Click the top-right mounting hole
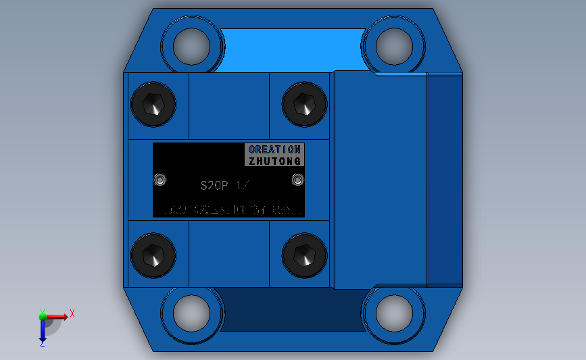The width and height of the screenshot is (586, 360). coord(395,46)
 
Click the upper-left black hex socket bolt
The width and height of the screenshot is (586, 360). coord(153,104)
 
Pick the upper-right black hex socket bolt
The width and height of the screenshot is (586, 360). coord(304,104)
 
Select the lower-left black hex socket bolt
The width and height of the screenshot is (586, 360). coord(153,255)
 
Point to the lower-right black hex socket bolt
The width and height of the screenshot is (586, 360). coord(304,255)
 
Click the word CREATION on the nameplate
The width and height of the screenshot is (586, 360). coord(274,149)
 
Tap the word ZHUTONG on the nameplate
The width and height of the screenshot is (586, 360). coord(274,161)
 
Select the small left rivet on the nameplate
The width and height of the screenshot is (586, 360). coord(160,180)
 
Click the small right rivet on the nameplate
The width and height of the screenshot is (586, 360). coord(297,180)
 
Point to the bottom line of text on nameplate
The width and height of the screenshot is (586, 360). coord(228,211)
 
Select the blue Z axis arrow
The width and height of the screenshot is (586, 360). coord(43,331)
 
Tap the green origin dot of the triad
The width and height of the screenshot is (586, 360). coord(43,315)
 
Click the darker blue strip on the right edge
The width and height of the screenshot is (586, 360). coord(445,179)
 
